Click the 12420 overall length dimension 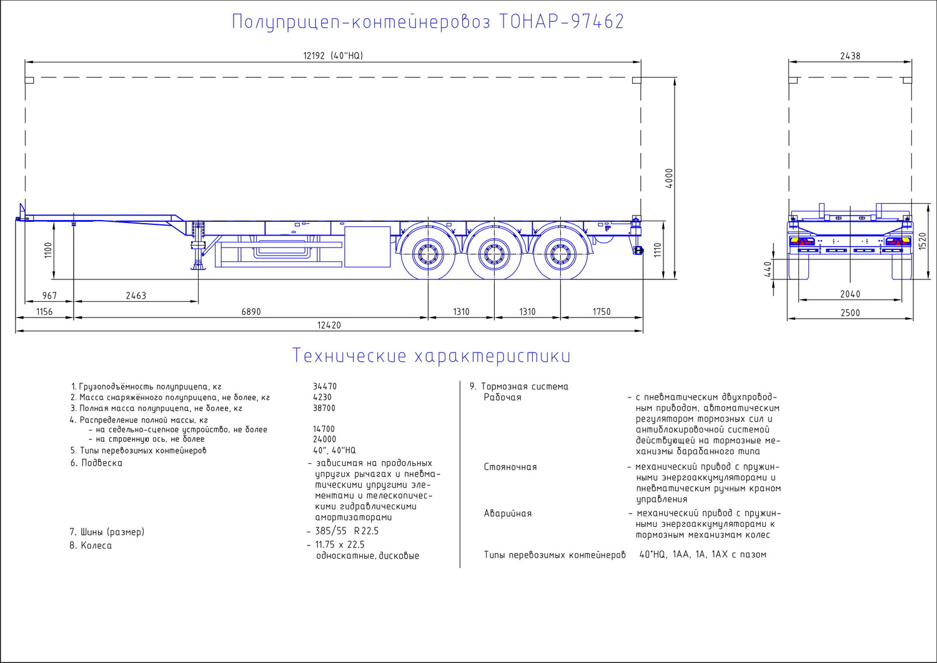tap(329, 325)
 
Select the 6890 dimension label tap(251, 312)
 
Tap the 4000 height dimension tap(669, 178)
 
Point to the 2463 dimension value tap(136, 296)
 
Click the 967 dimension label tap(49, 296)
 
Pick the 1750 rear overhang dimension tap(602, 312)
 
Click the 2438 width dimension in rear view tap(850, 56)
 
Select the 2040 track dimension tap(850, 294)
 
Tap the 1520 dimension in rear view tap(923, 241)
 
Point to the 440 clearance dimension tap(767, 269)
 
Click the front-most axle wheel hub tap(428, 254)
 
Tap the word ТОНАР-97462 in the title tap(562, 22)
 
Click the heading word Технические tap(349, 356)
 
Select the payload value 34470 tap(325, 387)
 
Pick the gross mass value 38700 tap(324, 408)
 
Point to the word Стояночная tap(510, 467)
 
